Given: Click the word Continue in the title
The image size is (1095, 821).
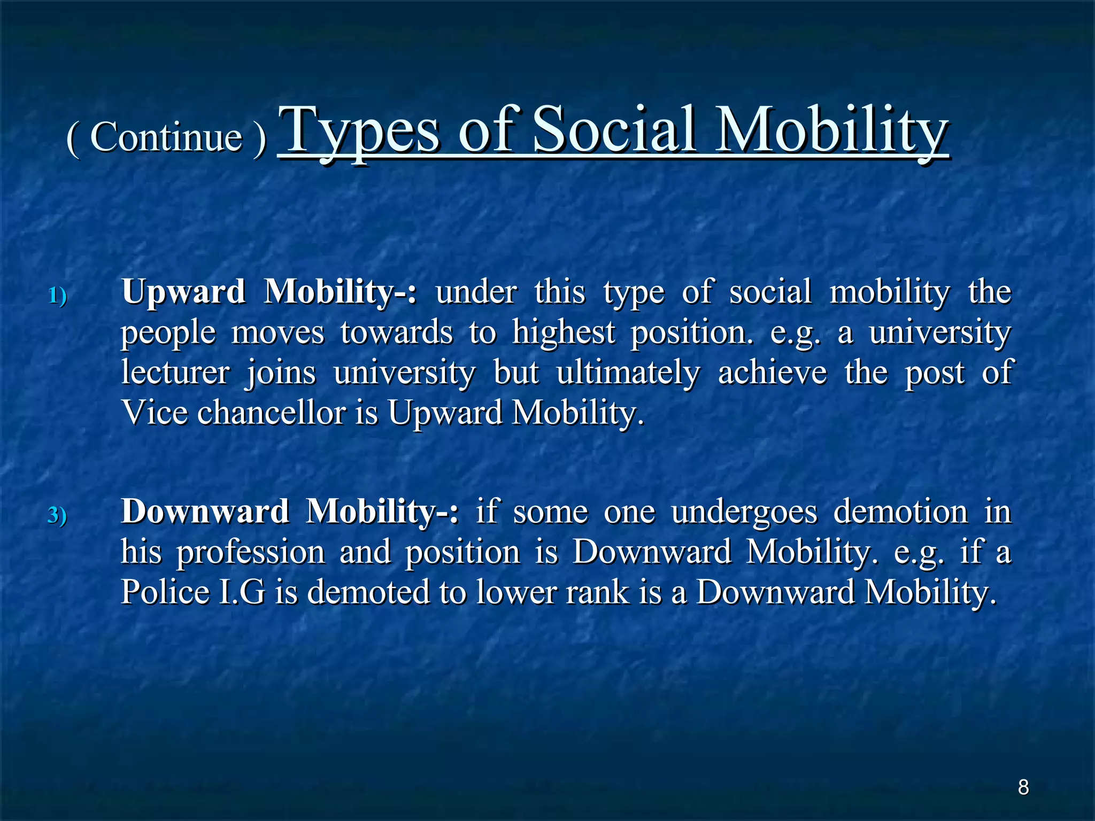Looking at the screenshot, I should click(166, 137).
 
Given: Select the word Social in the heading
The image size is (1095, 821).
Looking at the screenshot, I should click(615, 130).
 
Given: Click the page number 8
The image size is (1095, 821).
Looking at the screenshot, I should click(1023, 787).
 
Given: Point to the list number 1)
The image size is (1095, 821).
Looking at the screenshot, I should click(58, 296).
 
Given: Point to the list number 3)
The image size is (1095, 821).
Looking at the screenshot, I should click(57, 515).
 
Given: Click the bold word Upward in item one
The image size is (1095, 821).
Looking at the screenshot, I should click(183, 292).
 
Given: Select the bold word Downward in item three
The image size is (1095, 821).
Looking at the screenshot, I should click(205, 512).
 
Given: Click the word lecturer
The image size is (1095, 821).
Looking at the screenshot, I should click(175, 373).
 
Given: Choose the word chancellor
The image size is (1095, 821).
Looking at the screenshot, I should click(272, 413).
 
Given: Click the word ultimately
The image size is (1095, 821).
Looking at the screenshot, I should click(628, 373).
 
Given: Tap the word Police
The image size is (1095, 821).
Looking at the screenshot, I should click(165, 592).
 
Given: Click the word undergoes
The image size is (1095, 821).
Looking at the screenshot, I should click(744, 513).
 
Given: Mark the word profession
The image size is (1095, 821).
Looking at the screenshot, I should click(251, 553).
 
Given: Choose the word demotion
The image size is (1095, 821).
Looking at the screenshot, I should click(900, 512).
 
